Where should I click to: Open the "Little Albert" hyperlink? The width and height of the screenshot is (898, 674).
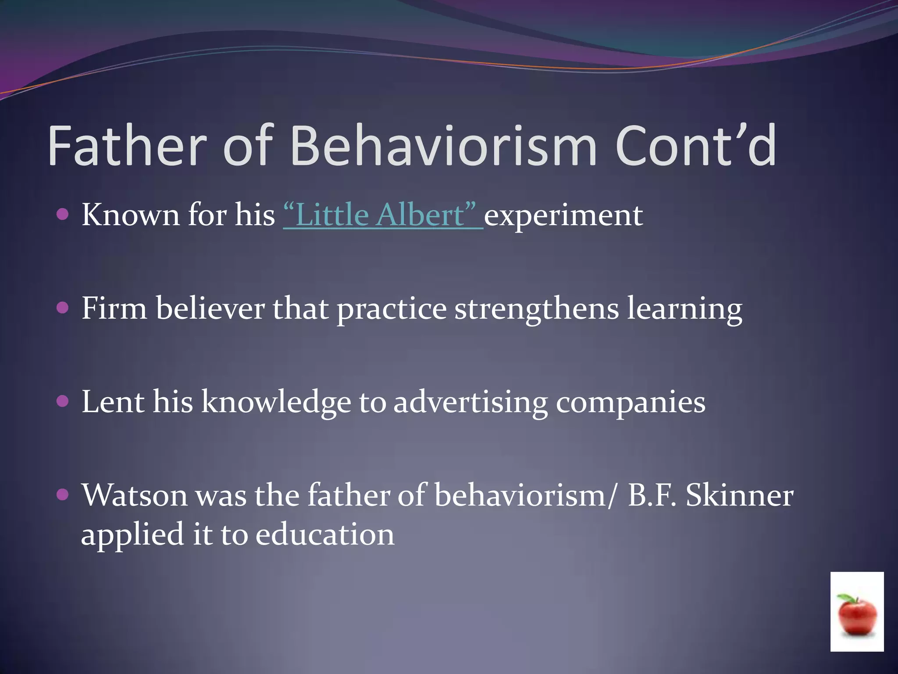tap(383, 215)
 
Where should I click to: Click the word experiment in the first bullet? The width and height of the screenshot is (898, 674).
tap(563, 216)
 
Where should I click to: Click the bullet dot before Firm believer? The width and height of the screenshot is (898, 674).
tap(63, 308)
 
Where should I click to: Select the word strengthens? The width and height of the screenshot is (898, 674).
tap(536, 309)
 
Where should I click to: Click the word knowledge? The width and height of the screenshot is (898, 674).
tap(276, 403)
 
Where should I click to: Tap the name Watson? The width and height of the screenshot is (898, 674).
tap(134, 495)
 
